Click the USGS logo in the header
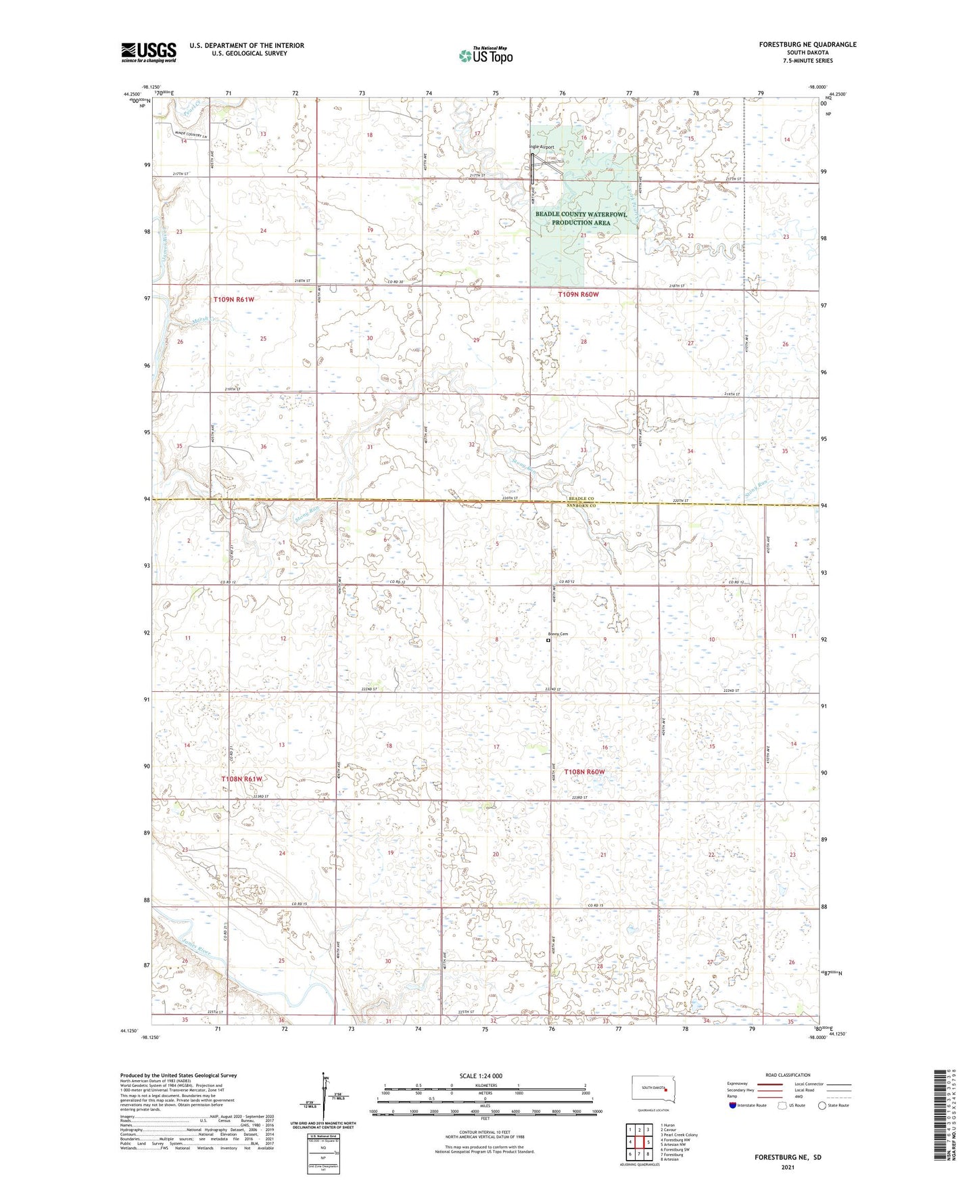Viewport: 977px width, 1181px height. [149, 52]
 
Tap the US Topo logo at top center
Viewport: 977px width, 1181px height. [485, 56]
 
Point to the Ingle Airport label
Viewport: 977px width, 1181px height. [542, 147]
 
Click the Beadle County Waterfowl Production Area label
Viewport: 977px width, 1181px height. [581, 218]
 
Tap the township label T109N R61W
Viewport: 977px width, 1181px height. [234, 299]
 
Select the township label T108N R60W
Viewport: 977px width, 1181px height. [581, 772]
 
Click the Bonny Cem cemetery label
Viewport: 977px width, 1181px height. [557, 634]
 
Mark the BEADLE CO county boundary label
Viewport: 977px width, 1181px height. [581, 499]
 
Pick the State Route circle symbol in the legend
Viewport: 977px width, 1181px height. [822, 1105]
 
